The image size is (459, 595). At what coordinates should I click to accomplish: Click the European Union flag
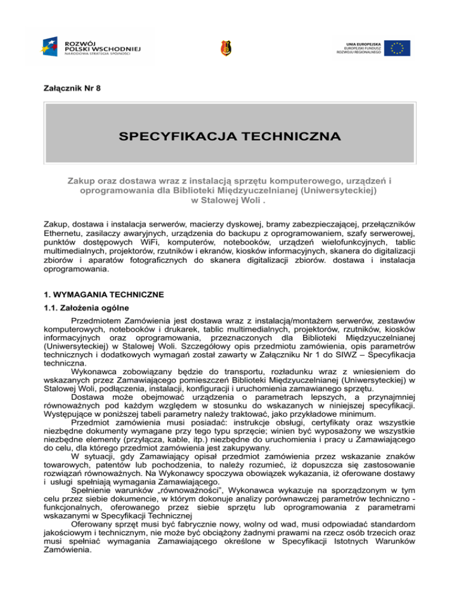(397, 47)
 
